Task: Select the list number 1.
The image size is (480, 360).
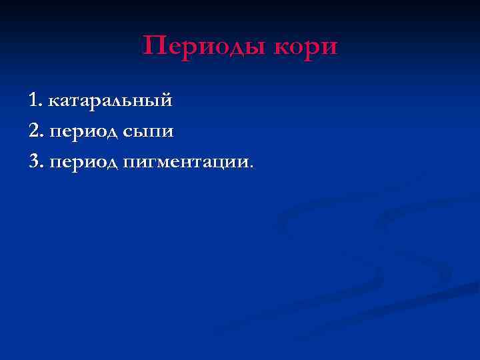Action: point(35,101)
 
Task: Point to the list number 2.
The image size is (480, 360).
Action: point(36,131)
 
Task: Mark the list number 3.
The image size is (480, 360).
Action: point(36,161)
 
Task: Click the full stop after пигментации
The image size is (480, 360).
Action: point(252,165)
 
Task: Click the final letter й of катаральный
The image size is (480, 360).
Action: point(167,100)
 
